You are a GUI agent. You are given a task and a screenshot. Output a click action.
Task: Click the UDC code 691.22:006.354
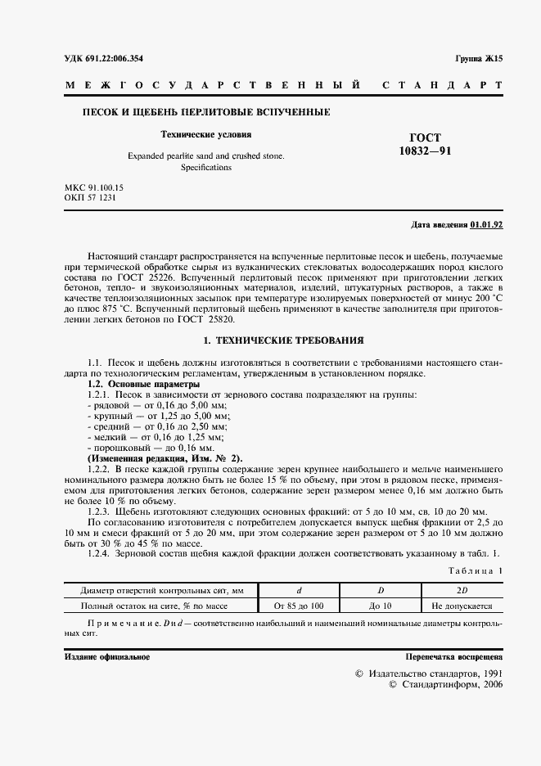coord(120,59)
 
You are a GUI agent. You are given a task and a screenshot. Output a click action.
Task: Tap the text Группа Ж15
coord(478,59)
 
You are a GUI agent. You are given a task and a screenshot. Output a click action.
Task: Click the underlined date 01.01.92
coord(487,224)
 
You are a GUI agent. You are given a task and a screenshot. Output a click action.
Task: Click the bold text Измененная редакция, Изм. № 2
coord(165,459)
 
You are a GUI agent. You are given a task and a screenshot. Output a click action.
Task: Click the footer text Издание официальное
coord(106,657)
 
